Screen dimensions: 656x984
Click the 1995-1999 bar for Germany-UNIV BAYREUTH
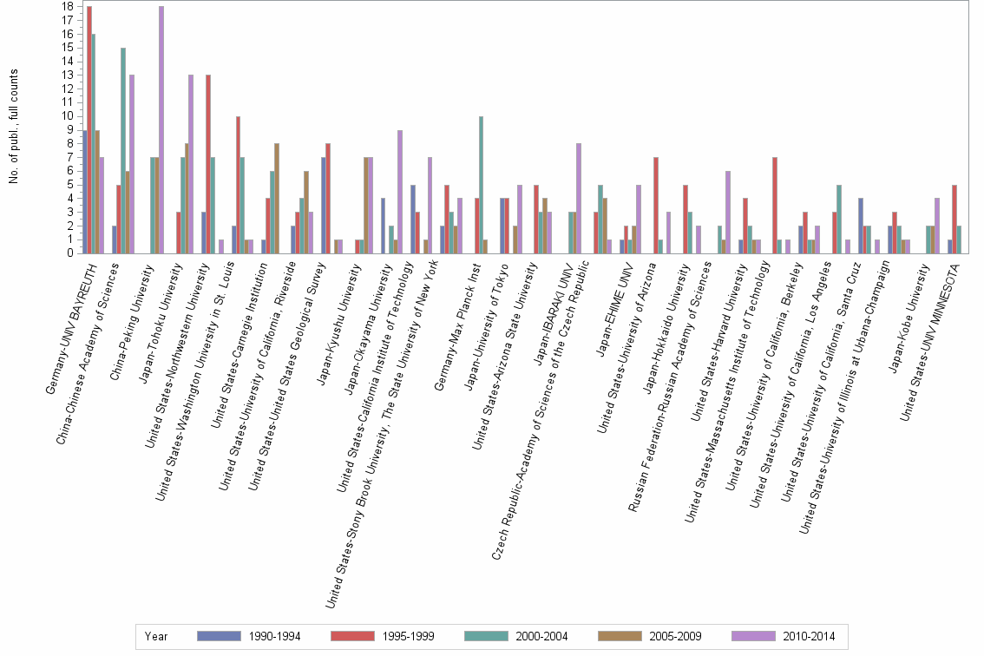tap(89, 129)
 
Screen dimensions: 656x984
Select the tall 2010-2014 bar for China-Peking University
tap(161, 129)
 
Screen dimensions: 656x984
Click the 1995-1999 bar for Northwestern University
tap(208, 164)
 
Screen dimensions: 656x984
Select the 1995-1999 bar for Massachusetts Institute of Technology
tap(774, 205)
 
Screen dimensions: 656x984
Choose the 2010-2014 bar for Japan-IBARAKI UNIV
tap(580, 198)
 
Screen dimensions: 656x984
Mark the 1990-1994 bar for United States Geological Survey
tap(324, 205)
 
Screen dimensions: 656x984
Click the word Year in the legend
tap(157, 636)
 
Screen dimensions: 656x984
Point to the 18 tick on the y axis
tap(68, 6)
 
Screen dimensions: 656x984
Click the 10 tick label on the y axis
tap(68, 116)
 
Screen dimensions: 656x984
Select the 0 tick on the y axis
tap(70, 253)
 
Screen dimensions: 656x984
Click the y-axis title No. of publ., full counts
tap(14, 126)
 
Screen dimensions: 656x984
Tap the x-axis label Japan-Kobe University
tap(911, 308)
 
